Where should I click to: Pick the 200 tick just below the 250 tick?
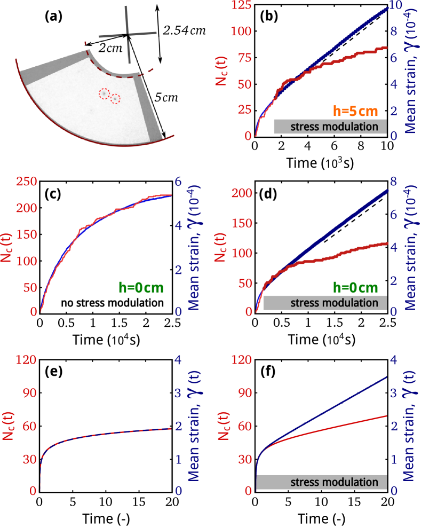(26, 208)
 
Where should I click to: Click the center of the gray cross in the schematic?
(128, 35)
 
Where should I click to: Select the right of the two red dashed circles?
(115, 98)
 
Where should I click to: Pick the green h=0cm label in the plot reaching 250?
(140, 288)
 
